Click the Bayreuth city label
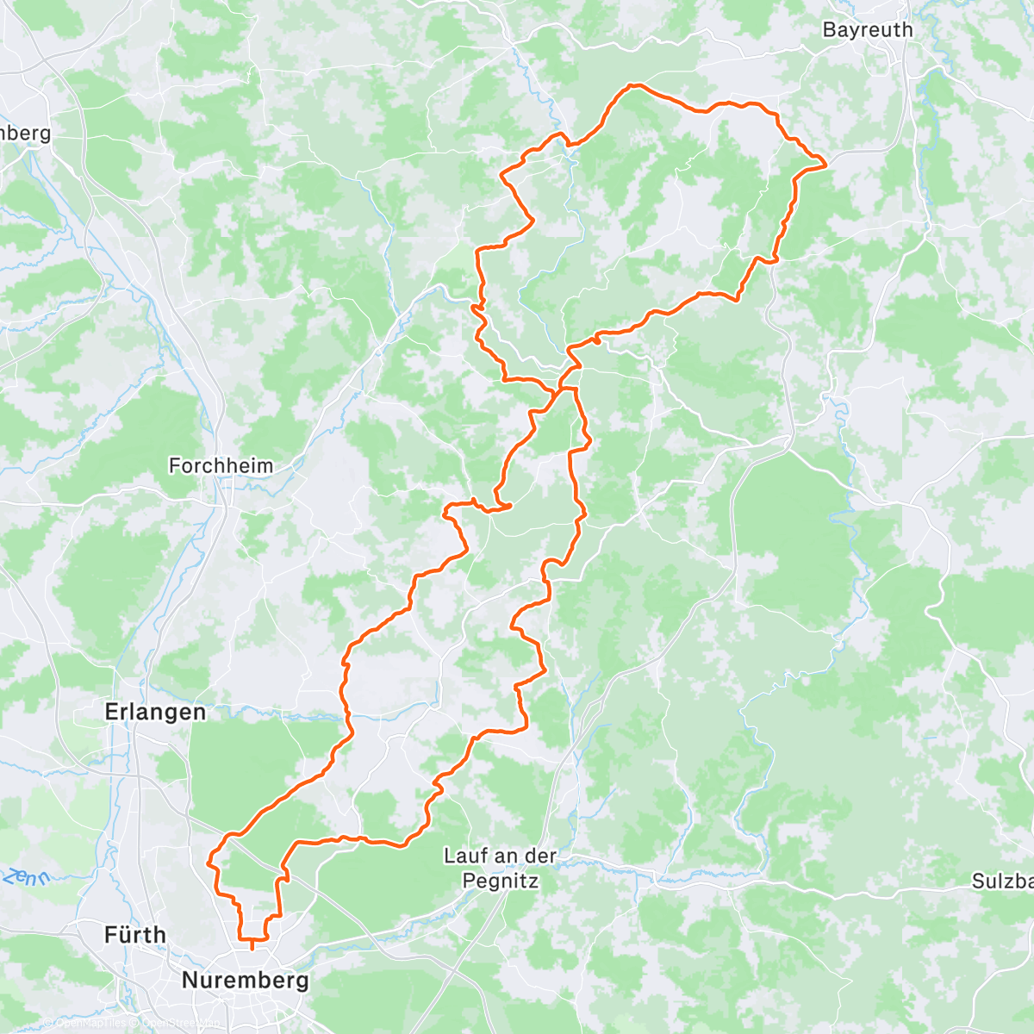pyautogui.click(x=867, y=29)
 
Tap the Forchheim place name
pyautogui.click(x=221, y=466)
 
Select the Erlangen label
pyautogui.click(x=155, y=712)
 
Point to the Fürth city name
pyautogui.click(x=135, y=934)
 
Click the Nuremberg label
pyautogui.click(x=246, y=981)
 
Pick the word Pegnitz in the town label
pyautogui.click(x=501, y=881)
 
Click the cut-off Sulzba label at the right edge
pyautogui.click(x=1002, y=881)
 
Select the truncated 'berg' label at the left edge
pyautogui.click(x=25, y=134)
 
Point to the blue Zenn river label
pyautogui.click(x=26, y=878)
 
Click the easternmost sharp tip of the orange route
pyautogui.click(x=825, y=163)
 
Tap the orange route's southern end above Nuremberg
pyautogui.click(x=252, y=948)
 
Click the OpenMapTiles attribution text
pyautogui.click(x=90, y=1023)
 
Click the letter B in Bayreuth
pyautogui.click(x=829, y=29)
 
